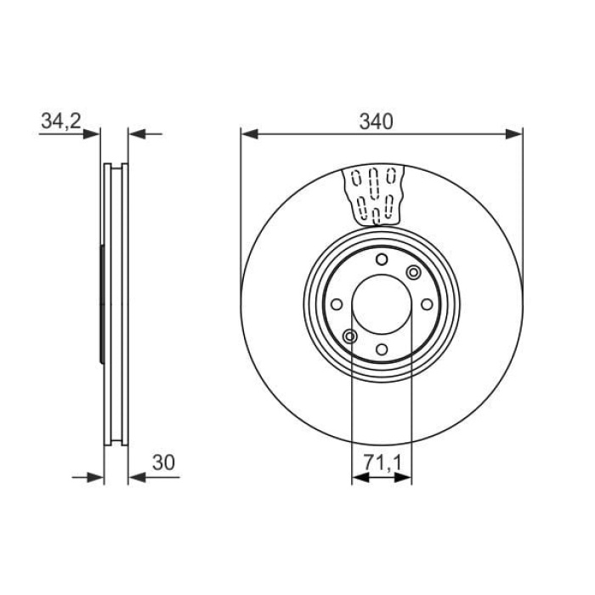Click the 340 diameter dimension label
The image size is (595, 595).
[x=376, y=122]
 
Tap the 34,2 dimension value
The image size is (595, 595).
[x=61, y=121]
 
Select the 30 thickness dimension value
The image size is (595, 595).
[x=163, y=462]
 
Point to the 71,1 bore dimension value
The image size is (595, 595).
[x=382, y=463]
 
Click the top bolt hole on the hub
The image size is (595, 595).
[x=382, y=260]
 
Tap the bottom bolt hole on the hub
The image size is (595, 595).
[x=382, y=349]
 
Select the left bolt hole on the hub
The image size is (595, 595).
[x=337, y=304]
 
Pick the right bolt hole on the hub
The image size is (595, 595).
[x=427, y=304]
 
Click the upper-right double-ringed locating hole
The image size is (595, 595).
[x=413, y=273]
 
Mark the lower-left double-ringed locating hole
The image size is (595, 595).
[x=350, y=337]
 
